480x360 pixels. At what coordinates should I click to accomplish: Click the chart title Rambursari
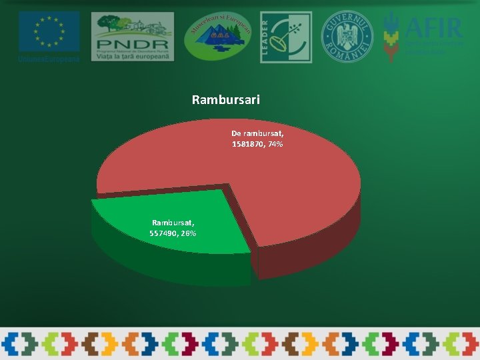tap(225, 100)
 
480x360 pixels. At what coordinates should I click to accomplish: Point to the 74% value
tap(275, 144)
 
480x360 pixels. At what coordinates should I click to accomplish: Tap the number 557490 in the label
tap(165, 233)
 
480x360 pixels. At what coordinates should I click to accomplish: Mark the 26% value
tap(188, 233)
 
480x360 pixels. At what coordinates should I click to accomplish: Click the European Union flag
tap(49, 31)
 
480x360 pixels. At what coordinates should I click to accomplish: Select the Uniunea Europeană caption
tap(49, 59)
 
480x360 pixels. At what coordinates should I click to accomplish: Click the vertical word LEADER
tap(265, 37)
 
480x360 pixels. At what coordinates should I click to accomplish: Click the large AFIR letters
tap(433, 28)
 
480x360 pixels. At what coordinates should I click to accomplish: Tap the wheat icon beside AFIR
tap(392, 37)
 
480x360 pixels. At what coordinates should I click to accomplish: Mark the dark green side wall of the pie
tap(167, 267)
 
